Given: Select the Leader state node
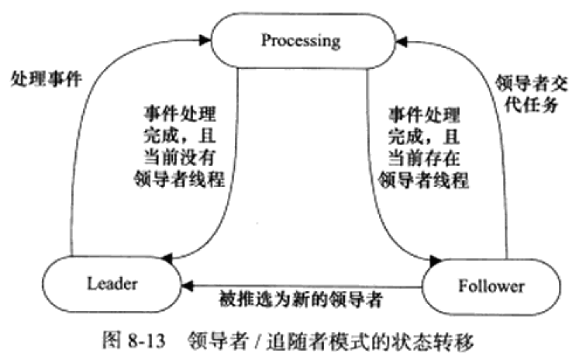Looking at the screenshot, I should [x=112, y=284].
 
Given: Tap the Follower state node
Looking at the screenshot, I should [x=491, y=286].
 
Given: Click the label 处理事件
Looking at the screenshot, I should [x=46, y=79].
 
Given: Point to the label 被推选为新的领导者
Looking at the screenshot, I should [x=301, y=299].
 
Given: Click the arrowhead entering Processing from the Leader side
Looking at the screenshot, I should [x=205, y=40].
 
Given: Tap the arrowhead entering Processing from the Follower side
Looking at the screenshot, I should [x=402, y=41].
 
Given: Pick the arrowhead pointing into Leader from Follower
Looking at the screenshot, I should [x=187, y=286].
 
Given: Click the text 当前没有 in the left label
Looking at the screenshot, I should [x=180, y=157].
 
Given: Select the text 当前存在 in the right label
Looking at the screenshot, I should [x=424, y=158].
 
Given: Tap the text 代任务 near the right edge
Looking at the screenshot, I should [x=531, y=104].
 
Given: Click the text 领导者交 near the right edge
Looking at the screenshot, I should [x=531, y=83].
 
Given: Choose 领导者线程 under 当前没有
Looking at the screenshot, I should [x=179, y=179].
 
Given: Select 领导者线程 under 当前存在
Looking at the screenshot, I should [x=424, y=180].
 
